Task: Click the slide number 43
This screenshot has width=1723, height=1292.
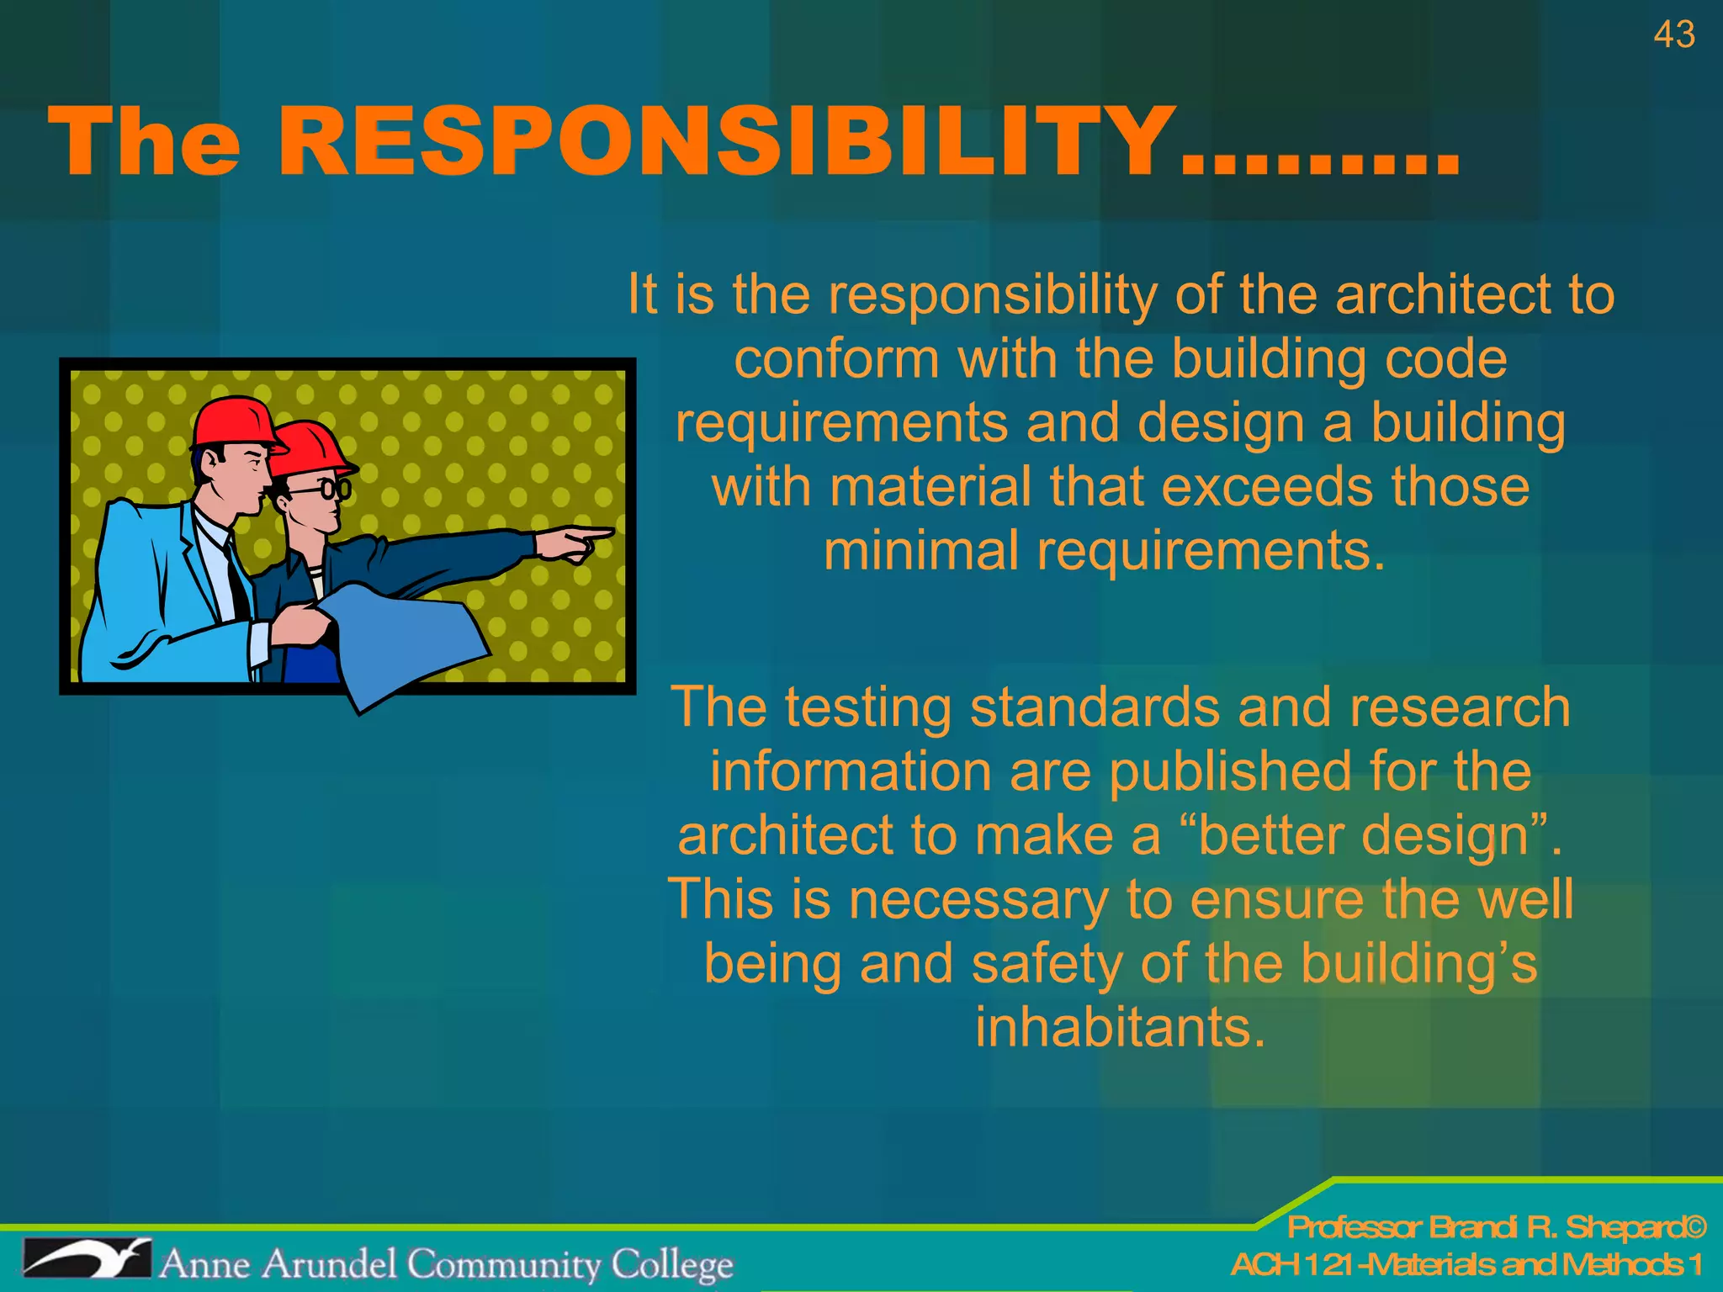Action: pyautogui.click(x=1673, y=35)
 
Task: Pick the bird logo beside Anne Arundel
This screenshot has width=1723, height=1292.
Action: pyautogui.click(x=87, y=1259)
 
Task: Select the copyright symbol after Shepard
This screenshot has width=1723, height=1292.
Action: pyautogui.click(x=1694, y=1227)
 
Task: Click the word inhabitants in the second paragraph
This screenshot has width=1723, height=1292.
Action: pyautogui.click(x=1120, y=1027)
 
